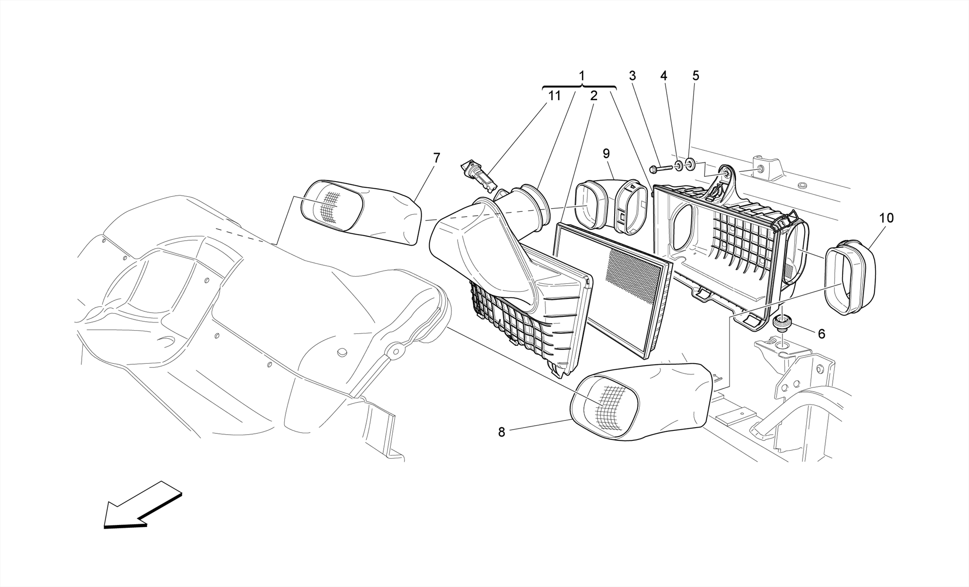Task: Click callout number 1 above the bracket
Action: coord(581,76)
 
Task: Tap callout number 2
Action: coord(593,96)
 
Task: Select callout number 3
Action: coord(632,76)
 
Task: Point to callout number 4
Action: coord(664,76)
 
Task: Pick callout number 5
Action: coord(696,76)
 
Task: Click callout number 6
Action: coord(821,334)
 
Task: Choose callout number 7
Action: coord(436,158)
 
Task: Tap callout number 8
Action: coord(502,432)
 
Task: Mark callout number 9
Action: coord(606,153)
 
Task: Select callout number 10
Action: coord(886,218)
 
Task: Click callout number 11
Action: coord(554,96)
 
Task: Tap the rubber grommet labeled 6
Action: coord(782,323)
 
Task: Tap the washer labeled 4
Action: coord(678,166)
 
